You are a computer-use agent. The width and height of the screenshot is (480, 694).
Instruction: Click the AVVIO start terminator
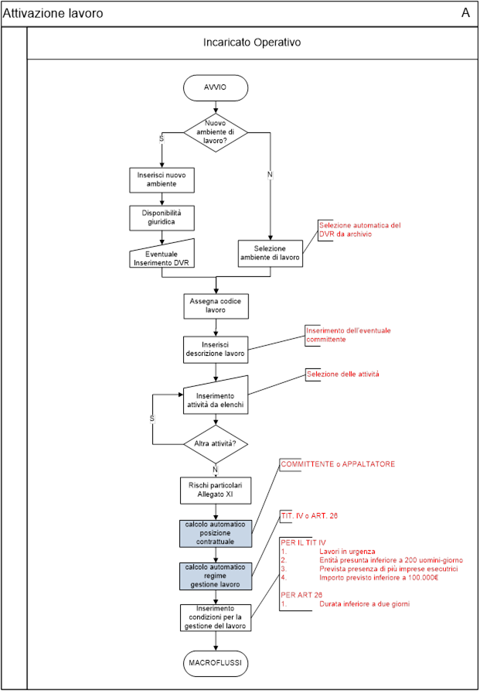(x=216, y=87)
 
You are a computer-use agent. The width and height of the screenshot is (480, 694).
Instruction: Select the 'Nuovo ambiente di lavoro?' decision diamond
(x=216, y=132)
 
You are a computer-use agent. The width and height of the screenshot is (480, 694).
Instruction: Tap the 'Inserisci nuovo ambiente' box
(x=162, y=179)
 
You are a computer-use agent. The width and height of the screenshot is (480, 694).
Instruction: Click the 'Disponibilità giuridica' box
(x=162, y=217)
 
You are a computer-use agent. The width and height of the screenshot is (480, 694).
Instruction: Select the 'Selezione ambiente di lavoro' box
(x=271, y=254)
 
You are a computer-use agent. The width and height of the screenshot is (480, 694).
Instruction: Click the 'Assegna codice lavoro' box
(x=216, y=306)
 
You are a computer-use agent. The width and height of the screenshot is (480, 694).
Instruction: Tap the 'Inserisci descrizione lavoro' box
(x=216, y=350)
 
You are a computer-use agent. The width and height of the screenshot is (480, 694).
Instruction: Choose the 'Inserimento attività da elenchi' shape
(x=216, y=396)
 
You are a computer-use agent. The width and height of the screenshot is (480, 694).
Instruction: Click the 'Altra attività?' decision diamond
(x=216, y=443)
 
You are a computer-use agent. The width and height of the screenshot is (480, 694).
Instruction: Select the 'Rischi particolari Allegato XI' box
(x=216, y=491)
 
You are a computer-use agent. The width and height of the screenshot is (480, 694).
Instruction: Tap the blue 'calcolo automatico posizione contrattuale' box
(x=216, y=533)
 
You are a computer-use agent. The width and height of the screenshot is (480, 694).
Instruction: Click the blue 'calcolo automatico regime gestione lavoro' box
(x=216, y=576)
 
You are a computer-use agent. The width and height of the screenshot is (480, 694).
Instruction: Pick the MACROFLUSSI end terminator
(x=216, y=663)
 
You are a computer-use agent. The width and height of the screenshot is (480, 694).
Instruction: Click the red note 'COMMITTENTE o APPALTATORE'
(x=338, y=464)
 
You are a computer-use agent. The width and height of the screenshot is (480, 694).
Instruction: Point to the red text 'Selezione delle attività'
(x=343, y=374)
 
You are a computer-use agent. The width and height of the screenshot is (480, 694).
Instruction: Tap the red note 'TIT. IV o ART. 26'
(x=309, y=515)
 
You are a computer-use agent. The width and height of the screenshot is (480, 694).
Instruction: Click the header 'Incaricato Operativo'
(x=252, y=43)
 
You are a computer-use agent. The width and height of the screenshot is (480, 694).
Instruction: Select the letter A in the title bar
(x=465, y=13)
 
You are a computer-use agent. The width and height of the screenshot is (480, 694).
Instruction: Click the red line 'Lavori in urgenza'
(x=347, y=552)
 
